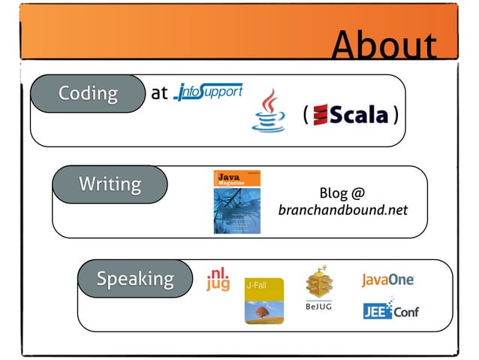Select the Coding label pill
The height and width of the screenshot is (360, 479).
click(88, 93)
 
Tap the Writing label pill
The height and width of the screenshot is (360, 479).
click(110, 184)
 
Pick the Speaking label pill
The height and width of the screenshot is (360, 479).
click(134, 279)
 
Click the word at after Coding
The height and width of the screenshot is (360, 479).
click(158, 94)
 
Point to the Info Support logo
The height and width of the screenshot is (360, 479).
click(208, 92)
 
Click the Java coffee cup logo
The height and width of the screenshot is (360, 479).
click(268, 111)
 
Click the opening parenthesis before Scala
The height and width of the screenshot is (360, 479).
click(306, 115)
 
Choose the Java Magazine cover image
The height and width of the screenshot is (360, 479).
click(236, 202)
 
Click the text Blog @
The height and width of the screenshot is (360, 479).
click(342, 192)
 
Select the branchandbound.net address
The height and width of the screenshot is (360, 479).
click(342, 210)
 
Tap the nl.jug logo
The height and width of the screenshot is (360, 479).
click(218, 279)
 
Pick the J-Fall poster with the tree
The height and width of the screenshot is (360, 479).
click(264, 301)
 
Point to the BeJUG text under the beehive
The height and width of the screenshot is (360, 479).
click(319, 307)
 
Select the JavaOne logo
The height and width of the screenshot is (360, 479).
click(388, 280)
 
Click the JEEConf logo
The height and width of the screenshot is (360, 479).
click(390, 310)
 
